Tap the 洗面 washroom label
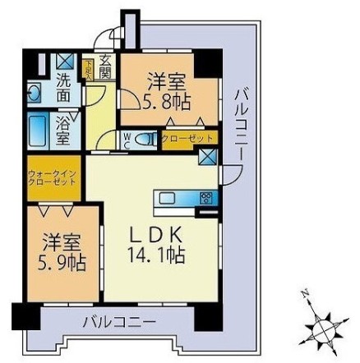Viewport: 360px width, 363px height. (x=65, y=89)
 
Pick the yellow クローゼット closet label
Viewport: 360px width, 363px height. (x=188, y=138)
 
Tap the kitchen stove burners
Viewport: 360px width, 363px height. (x=205, y=198)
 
